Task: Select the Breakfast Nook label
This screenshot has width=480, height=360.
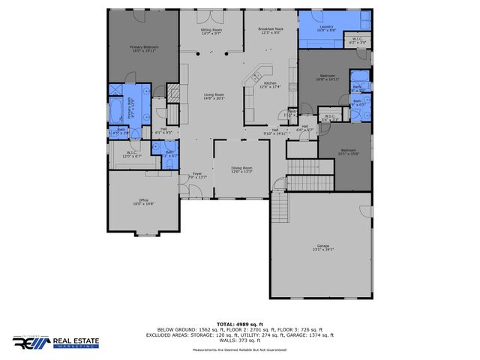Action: click(x=268, y=31)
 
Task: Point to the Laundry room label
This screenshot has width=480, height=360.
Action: click(x=325, y=29)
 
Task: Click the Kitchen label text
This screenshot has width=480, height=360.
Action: click(x=270, y=85)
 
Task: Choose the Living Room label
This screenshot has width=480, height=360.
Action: click(x=214, y=96)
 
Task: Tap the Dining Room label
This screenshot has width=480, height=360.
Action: click(x=241, y=169)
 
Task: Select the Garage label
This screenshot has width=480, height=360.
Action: click(x=323, y=247)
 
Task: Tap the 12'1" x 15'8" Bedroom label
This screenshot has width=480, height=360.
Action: click(x=348, y=152)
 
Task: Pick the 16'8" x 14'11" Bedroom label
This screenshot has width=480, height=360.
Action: click(x=328, y=77)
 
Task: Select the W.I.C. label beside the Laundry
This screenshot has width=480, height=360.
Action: click(x=358, y=41)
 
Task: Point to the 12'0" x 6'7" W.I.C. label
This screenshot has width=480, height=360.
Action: click(x=131, y=154)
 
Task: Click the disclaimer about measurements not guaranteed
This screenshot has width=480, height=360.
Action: click(x=239, y=350)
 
